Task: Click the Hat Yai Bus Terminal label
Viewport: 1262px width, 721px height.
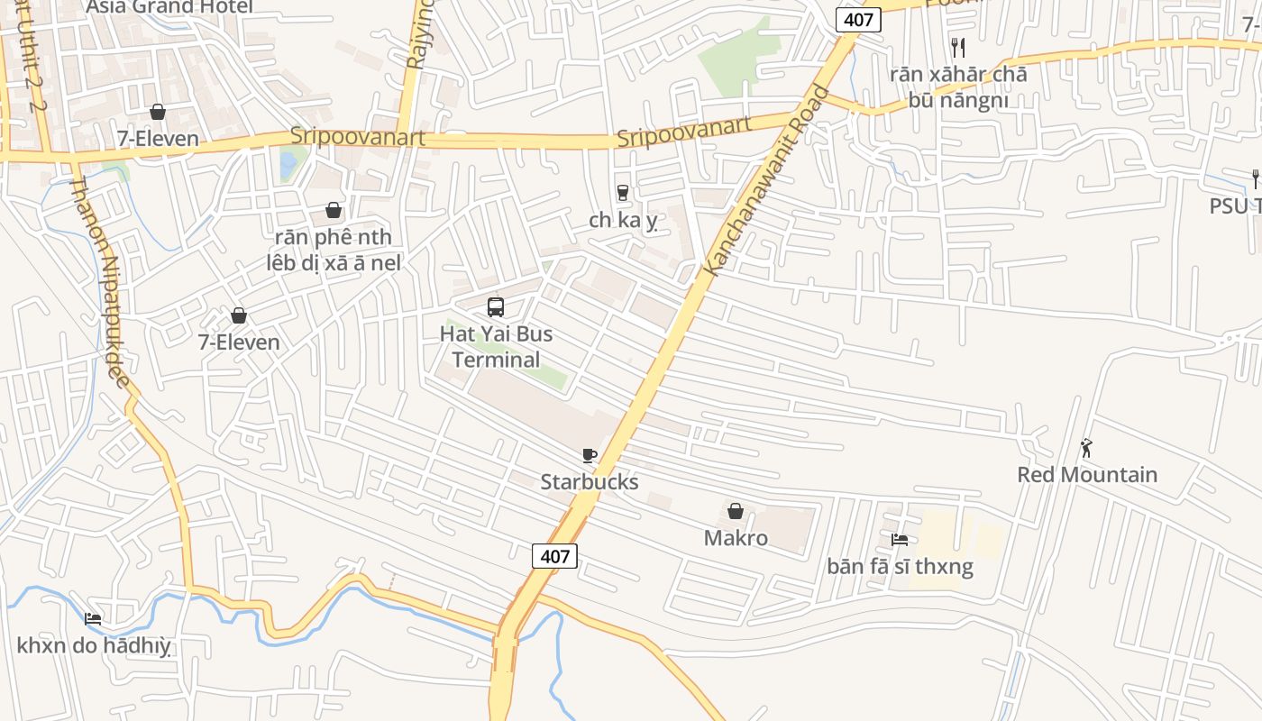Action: (x=496, y=347)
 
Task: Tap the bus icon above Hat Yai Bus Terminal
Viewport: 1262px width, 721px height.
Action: (x=496, y=307)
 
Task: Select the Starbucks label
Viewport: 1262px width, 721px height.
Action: (x=590, y=482)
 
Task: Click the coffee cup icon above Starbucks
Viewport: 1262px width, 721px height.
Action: (x=590, y=456)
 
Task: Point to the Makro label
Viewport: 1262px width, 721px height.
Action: (x=736, y=538)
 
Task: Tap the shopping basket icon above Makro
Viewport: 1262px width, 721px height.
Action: (x=736, y=512)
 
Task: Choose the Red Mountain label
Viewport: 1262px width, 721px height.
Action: (x=1087, y=475)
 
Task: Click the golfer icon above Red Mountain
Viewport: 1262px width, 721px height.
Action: (x=1087, y=448)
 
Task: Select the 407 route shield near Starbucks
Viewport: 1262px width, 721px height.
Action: (x=554, y=556)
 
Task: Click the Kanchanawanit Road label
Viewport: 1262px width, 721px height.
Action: (x=766, y=180)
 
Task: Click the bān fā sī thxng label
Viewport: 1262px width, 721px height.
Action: (x=900, y=567)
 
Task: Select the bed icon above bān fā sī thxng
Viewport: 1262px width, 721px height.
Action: (x=900, y=540)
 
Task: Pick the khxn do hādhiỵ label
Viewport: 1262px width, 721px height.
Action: (x=94, y=645)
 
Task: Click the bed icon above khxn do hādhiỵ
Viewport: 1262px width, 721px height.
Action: (x=93, y=619)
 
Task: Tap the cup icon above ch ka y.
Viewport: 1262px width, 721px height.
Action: (x=622, y=192)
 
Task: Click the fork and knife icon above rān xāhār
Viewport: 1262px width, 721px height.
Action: (x=958, y=48)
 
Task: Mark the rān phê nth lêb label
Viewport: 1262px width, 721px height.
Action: (x=334, y=250)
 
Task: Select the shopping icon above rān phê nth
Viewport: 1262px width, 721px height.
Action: (x=334, y=210)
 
